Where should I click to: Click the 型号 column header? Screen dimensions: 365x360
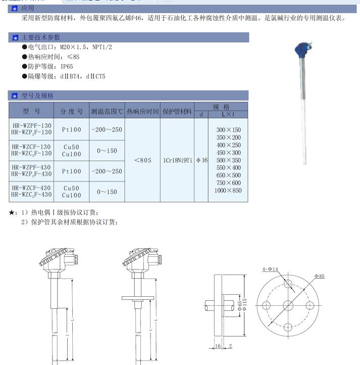tap(31, 111)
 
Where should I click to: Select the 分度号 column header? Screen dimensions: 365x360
tap(72, 111)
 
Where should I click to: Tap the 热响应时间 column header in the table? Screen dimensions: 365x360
tap(142, 111)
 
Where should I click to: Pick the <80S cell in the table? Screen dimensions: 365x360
tap(143, 160)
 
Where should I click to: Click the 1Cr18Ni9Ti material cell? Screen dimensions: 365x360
tap(178, 160)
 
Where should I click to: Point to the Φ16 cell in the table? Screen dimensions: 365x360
tap(201, 160)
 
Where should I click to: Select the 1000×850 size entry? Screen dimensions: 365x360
tap(228, 191)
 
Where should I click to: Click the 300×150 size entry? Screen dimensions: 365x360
tap(228, 130)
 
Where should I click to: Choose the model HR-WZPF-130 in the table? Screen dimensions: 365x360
tap(31, 125)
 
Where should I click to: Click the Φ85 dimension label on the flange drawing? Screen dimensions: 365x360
tap(319, 276)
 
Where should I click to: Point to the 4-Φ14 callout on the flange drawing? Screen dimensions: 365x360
tap(271, 269)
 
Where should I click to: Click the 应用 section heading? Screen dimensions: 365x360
tap(28, 8)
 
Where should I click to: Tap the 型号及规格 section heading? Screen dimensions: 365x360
tap(37, 95)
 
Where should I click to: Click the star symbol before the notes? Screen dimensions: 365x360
tap(12, 212)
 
